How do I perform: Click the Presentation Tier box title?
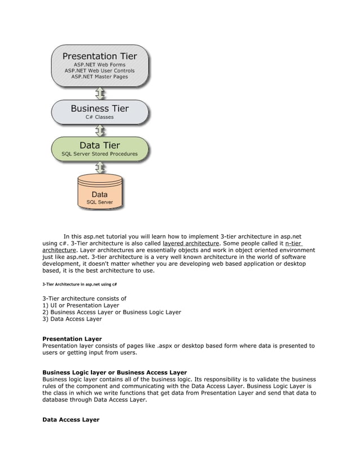click(99, 56)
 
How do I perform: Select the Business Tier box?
click(99, 112)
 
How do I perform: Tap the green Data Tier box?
click(99, 149)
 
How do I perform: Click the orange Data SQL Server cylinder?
click(99, 191)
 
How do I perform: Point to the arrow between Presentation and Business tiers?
click(100, 92)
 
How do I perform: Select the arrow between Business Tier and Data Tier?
click(100, 130)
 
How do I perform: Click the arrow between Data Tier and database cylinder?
click(100, 168)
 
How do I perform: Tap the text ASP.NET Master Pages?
click(99, 77)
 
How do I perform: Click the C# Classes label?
click(99, 117)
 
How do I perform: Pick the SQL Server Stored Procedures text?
click(99, 154)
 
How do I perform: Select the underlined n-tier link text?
click(293, 243)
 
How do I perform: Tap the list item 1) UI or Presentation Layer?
click(81, 305)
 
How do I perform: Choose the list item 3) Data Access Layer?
click(72, 319)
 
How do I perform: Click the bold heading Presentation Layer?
click(72, 339)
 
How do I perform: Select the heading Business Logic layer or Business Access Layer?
click(115, 372)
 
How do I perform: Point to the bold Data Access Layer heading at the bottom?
click(71, 420)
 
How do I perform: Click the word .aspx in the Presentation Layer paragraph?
click(165, 346)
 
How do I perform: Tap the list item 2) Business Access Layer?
click(112, 312)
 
